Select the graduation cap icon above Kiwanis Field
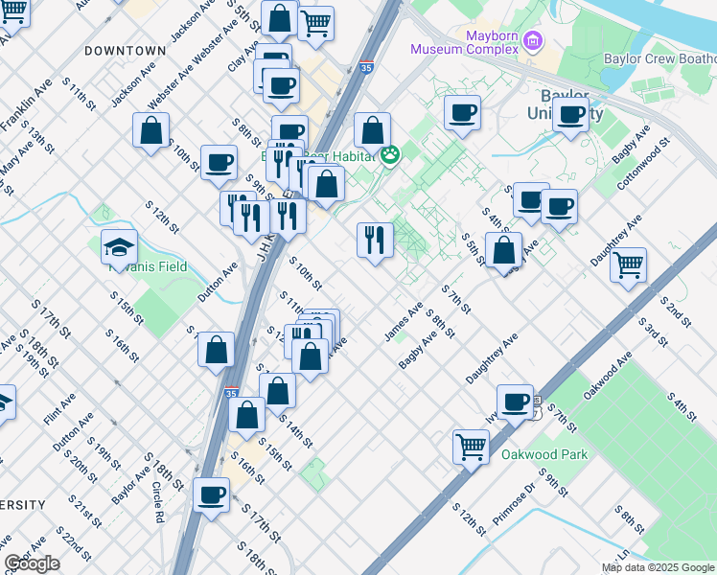click(119, 246)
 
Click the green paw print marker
click(390, 155)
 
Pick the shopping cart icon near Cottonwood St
click(628, 264)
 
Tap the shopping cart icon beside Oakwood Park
click(471, 445)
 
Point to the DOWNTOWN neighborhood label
click(125, 50)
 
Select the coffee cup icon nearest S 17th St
click(212, 494)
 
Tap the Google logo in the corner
click(32, 563)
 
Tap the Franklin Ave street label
click(27, 105)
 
